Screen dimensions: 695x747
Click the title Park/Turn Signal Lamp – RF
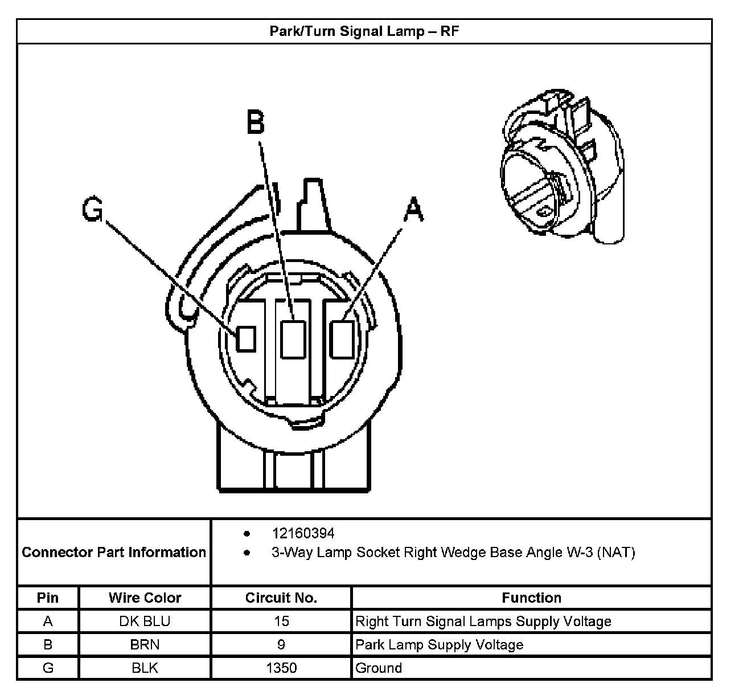pyautogui.click(x=364, y=31)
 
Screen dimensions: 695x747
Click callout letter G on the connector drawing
pyautogui.click(x=92, y=210)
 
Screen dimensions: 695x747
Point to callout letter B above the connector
pyautogui.click(x=256, y=121)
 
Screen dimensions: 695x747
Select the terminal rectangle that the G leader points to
pyautogui.click(x=246, y=338)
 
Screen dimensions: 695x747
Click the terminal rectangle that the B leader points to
pyautogui.click(x=294, y=340)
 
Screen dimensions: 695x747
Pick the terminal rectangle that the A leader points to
pyautogui.click(x=342, y=339)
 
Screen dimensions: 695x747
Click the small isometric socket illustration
pyautogui.click(x=560, y=167)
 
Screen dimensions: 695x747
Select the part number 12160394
pyautogui.click(x=303, y=533)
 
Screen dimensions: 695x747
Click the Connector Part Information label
pyautogui.click(x=114, y=552)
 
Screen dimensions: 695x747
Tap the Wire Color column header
pyautogui.click(x=145, y=598)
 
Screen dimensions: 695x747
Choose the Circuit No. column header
pyautogui.click(x=281, y=598)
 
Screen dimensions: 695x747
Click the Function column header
pyautogui.click(x=531, y=598)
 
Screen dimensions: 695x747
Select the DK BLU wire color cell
pyautogui.click(x=145, y=621)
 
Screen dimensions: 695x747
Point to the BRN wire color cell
pyautogui.click(x=145, y=644)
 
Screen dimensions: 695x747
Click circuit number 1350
pyautogui.click(x=281, y=668)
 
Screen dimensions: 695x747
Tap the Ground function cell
pyautogui.click(x=379, y=668)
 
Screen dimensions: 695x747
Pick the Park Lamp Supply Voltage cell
pyautogui.click(x=439, y=644)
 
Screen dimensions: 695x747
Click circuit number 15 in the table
pyautogui.click(x=281, y=621)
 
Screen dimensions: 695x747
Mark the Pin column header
pyautogui.click(x=48, y=598)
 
